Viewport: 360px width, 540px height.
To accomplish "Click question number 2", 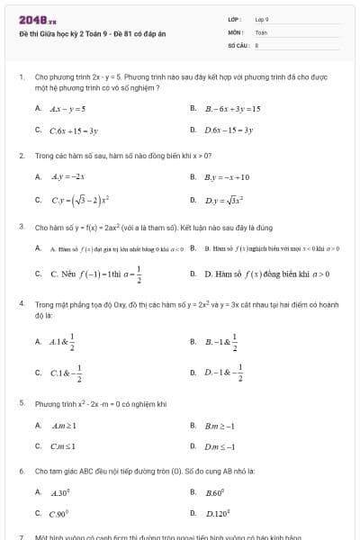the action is tap(21, 155).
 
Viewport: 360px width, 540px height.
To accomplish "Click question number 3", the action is tap(21, 226).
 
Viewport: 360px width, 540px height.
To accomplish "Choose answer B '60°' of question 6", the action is tap(214, 492).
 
